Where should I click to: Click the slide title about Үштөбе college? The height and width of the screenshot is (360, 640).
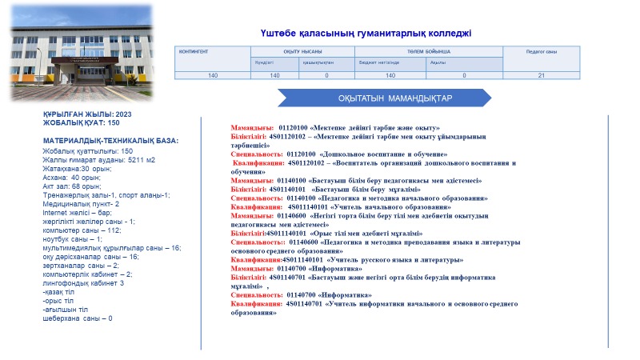click(x=366, y=33)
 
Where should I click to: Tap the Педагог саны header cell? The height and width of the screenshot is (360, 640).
click(x=541, y=51)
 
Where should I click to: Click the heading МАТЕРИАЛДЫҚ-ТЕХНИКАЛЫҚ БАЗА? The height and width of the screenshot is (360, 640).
click(x=111, y=141)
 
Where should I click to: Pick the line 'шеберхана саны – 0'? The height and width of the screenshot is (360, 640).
click(x=78, y=318)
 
